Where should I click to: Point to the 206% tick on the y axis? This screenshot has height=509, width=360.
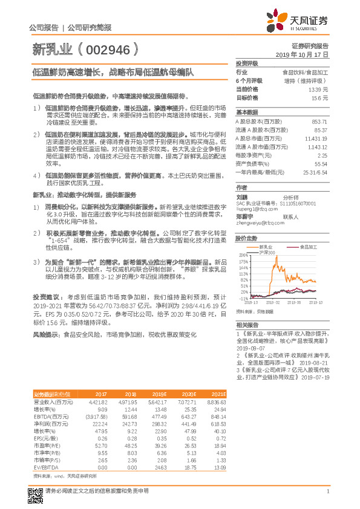(x=243, y=256)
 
